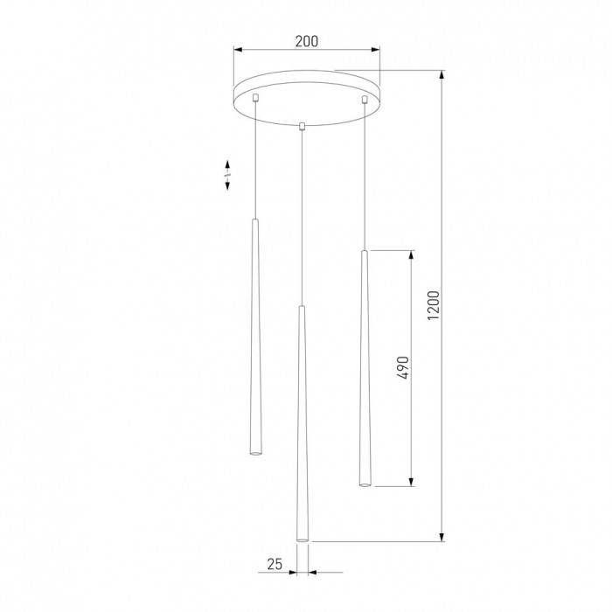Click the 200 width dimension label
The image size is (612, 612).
point(306,41)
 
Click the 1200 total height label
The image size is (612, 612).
point(434,305)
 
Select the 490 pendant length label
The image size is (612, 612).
point(402,367)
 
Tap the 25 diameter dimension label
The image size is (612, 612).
point(275,564)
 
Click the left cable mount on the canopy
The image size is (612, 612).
point(255,97)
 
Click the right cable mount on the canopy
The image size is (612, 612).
point(365,100)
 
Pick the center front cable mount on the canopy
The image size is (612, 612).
point(302,126)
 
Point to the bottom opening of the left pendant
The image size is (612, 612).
point(255,453)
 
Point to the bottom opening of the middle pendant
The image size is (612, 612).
point(303,539)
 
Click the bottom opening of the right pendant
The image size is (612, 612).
point(365,484)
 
